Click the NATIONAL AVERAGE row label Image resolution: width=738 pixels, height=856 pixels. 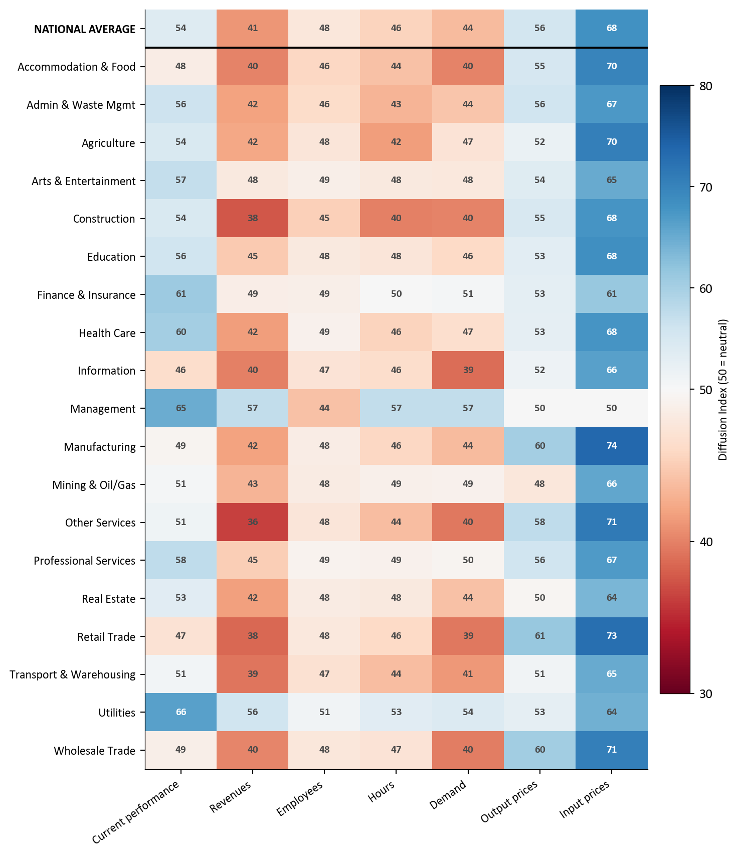coord(85,29)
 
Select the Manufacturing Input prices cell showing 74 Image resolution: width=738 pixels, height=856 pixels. coord(611,446)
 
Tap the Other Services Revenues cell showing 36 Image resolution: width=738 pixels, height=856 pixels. coord(253,522)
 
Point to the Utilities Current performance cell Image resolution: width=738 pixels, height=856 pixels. coord(181,712)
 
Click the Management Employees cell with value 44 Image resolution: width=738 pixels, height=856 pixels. coord(324,408)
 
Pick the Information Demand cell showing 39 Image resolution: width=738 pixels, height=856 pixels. coord(468,370)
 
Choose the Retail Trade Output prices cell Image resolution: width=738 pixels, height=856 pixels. coord(539,636)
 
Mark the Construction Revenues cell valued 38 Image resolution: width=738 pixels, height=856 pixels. coord(253,218)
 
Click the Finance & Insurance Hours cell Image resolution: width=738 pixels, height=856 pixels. coord(396,294)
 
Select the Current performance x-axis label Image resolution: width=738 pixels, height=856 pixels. coord(136,812)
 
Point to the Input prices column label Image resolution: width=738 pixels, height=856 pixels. coord(585,799)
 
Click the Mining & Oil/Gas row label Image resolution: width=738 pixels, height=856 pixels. coord(94,485)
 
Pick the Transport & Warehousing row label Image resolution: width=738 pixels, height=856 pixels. coord(73,674)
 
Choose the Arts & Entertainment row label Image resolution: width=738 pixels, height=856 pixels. coord(84,181)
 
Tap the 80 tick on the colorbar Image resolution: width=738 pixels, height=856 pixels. coord(705,86)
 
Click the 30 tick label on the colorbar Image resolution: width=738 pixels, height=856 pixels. coord(705,694)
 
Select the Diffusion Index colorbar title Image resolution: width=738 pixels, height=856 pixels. coord(722,390)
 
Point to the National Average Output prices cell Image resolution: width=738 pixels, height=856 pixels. coord(539,28)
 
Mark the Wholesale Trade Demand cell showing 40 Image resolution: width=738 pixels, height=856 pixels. coord(468,750)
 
